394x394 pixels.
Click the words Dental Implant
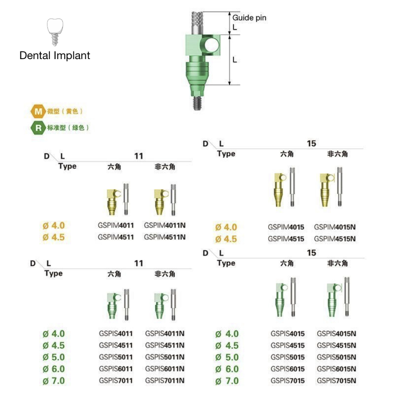tap(55, 56)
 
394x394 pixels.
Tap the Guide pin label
tap(249, 18)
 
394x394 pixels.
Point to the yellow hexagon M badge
tap(38, 112)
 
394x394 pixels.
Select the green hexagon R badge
tap(38, 128)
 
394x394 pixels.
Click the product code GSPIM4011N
tap(165, 226)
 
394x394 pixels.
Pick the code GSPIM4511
tap(116, 237)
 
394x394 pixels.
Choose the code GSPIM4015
tap(286, 227)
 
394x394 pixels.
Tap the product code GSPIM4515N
tap(335, 239)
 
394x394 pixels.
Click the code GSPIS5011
tap(116, 357)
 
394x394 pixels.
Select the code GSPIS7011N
tap(165, 381)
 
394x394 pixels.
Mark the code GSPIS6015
tap(288, 369)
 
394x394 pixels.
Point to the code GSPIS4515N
tap(336, 346)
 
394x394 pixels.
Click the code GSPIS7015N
tap(336, 381)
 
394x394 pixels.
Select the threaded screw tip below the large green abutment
tap(196, 103)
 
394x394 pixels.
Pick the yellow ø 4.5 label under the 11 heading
tap(54, 238)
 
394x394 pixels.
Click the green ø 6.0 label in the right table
tap(227, 369)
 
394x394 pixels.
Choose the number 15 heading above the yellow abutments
tap(311, 144)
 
